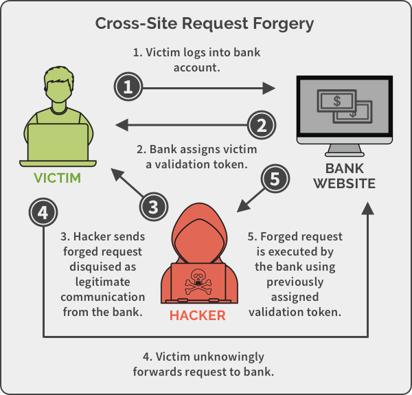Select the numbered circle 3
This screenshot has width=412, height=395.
(x=154, y=205)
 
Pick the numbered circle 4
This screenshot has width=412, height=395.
(x=43, y=213)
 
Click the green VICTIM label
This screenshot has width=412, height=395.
(x=57, y=179)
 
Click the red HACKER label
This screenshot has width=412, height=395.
(x=198, y=316)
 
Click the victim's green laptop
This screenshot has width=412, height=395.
(x=58, y=144)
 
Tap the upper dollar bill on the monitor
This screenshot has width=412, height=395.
(x=336, y=102)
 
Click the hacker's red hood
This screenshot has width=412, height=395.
(x=198, y=227)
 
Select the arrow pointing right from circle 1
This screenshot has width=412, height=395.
(x=206, y=87)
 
